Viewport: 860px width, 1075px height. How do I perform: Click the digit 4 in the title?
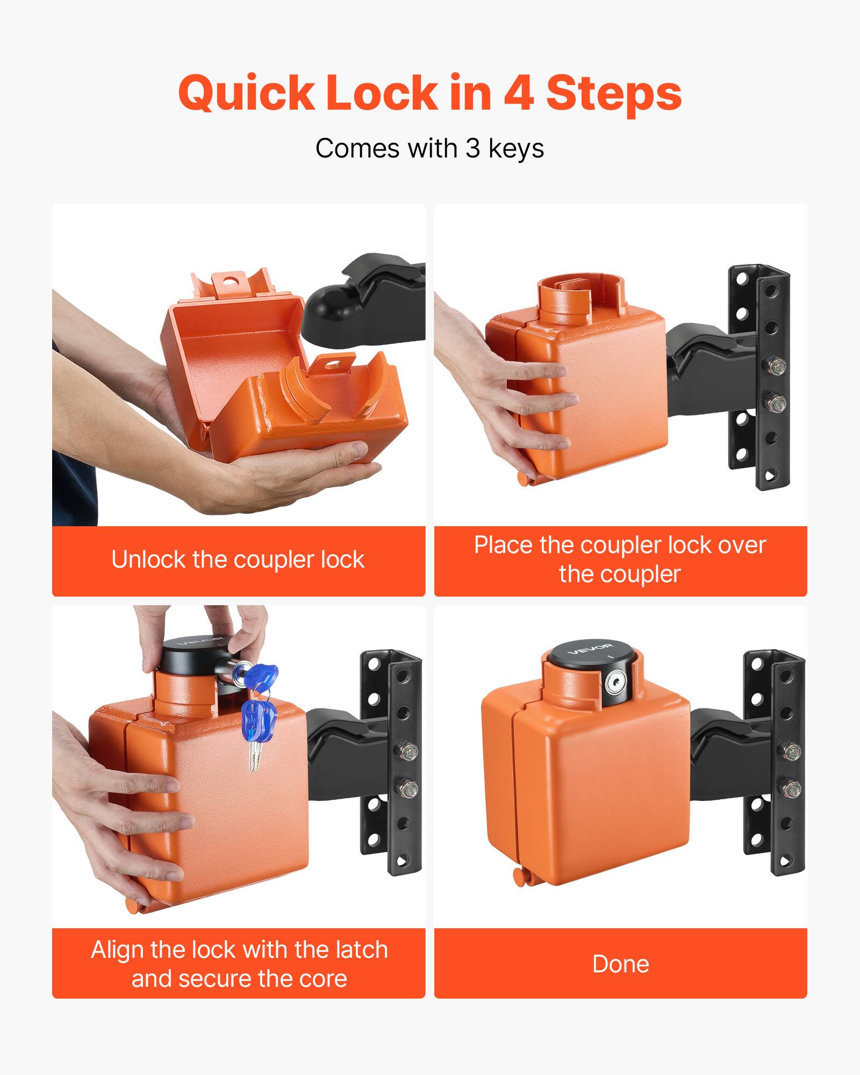518,92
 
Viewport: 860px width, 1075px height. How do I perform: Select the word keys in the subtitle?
515,148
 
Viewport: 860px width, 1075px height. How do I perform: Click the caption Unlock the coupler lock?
238,560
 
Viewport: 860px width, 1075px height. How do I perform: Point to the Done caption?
620,964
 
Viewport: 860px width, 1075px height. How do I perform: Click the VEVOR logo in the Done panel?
589,649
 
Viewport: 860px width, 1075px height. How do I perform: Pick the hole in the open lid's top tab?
232,281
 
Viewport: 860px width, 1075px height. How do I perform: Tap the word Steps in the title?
614,94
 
